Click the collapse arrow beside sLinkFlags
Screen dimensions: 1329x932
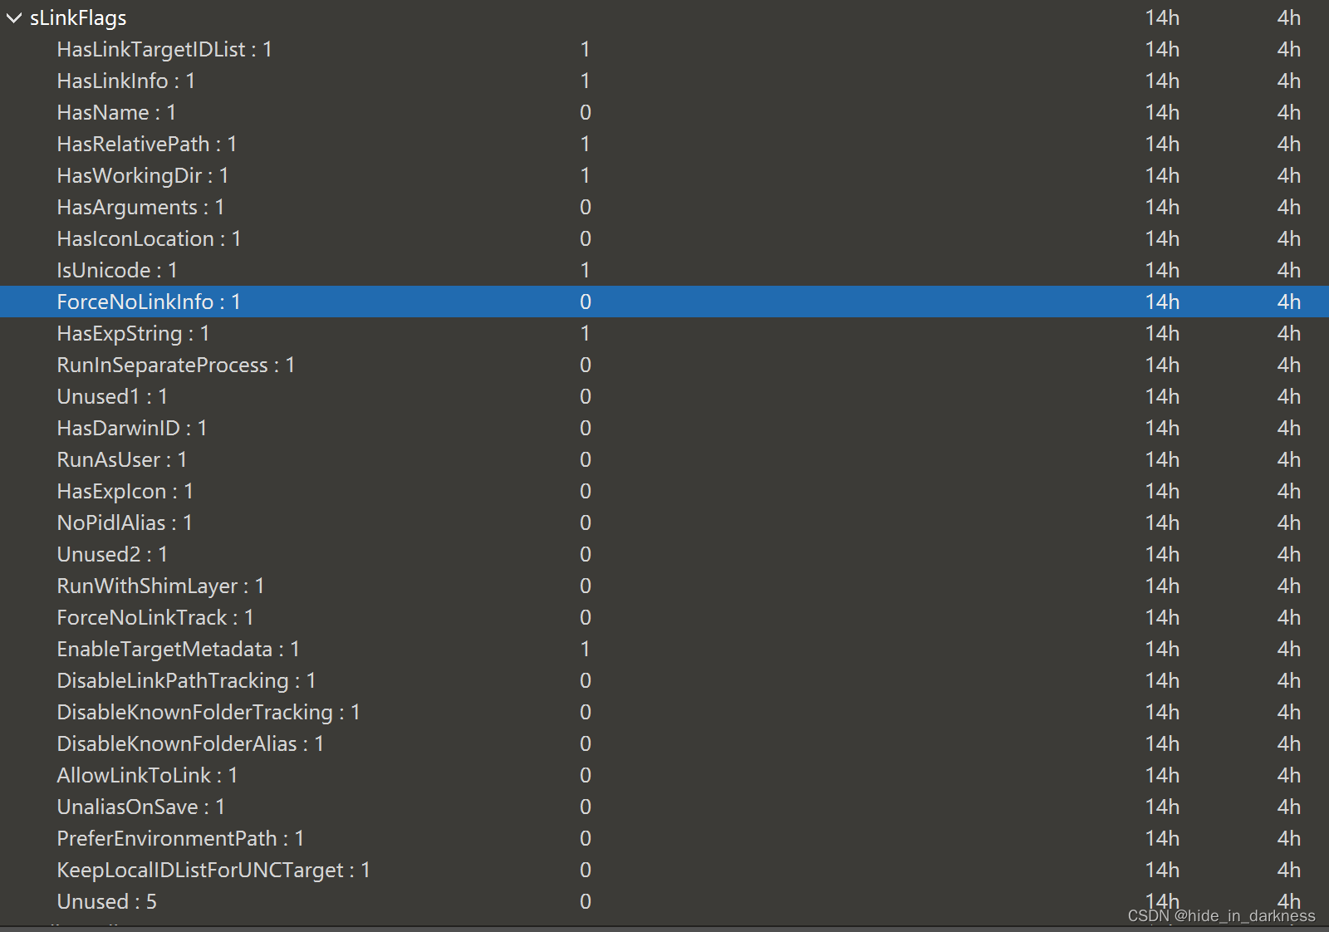click(13, 18)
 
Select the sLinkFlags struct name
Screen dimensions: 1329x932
click(78, 18)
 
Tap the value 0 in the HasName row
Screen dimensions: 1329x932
click(586, 113)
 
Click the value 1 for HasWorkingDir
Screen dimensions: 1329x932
click(586, 176)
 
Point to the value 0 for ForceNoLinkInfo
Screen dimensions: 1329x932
click(586, 302)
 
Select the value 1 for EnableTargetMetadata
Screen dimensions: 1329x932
click(586, 650)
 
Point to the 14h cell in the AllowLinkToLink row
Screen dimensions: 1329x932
click(1162, 776)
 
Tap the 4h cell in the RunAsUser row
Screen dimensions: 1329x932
click(1288, 460)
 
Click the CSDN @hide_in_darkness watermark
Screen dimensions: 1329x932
click(1221, 916)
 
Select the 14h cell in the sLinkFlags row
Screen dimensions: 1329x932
click(1162, 18)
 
